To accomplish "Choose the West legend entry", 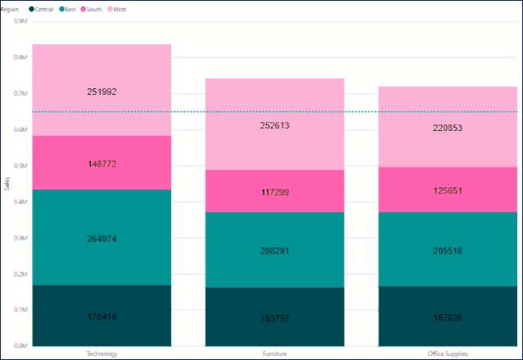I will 119,8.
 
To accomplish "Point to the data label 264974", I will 101,239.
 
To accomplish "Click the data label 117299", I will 274,192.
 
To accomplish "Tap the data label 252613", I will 274,126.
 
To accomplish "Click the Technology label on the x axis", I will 101,353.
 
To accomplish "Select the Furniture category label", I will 274,353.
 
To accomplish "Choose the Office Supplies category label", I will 448,353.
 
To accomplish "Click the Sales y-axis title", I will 7,184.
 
